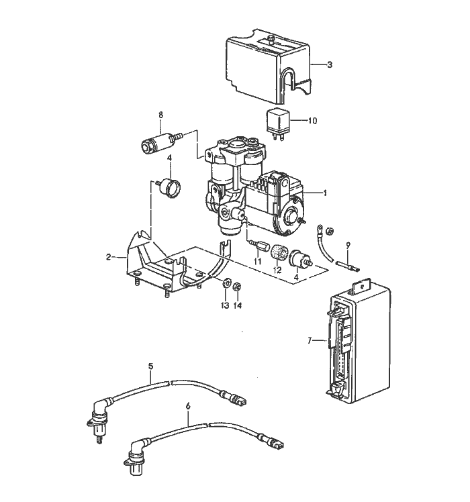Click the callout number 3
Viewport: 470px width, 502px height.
click(330, 65)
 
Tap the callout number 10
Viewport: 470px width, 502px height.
click(312, 121)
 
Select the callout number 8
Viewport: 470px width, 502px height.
click(160, 115)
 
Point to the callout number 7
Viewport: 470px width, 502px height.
click(310, 341)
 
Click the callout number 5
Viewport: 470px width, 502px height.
click(151, 366)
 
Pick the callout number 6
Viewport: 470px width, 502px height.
click(188, 406)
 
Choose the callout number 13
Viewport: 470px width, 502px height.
click(226, 305)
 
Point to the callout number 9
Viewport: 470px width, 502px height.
click(348, 245)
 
